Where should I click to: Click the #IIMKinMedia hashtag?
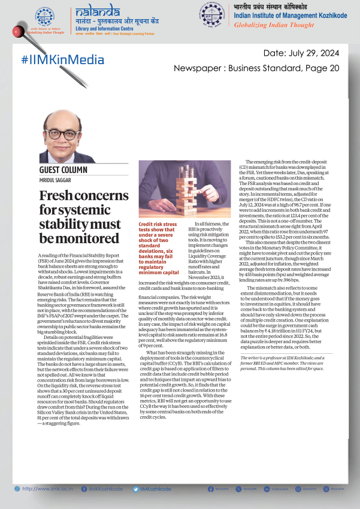coord(57,59)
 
